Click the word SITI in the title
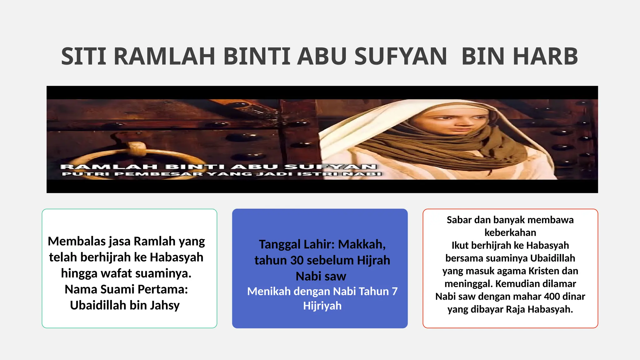(x=83, y=57)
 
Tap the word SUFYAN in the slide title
(x=400, y=57)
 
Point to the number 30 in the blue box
(x=296, y=260)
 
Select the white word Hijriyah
(x=322, y=306)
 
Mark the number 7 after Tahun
(x=395, y=291)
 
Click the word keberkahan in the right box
(x=510, y=232)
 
